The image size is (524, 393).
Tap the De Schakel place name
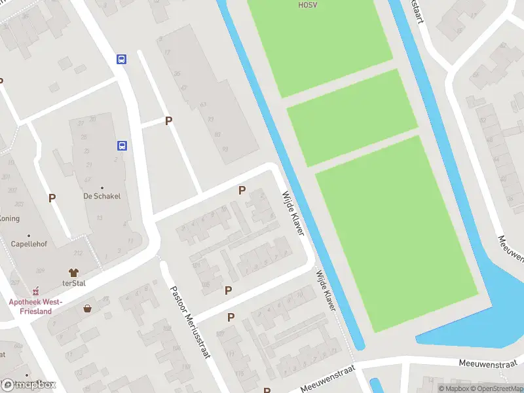click(102, 196)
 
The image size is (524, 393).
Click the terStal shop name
click(75, 284)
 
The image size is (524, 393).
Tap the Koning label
click(9, 218)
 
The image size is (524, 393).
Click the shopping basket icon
click(87, 308)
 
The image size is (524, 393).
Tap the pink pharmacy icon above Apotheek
click(35, 289)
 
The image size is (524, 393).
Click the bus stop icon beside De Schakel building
click(122, 145)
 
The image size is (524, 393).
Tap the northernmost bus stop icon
click(122, 59)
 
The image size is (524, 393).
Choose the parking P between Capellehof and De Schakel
click(52, 197)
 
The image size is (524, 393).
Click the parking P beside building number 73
click(169, 121)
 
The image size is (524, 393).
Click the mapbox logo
click(29, 384)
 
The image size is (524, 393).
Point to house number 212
click(79, 253)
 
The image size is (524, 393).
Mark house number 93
click(225, 149)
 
